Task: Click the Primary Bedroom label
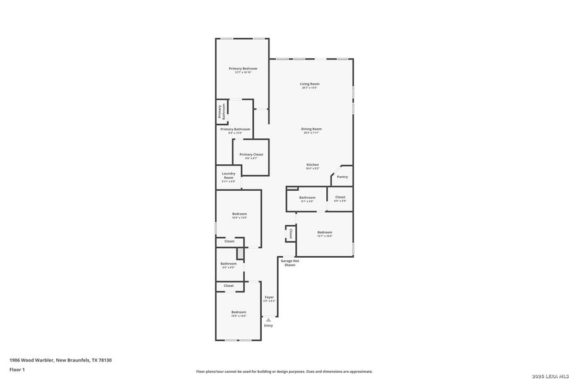(243, 68)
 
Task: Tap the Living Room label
(309, 84)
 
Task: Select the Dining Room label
(311, 129)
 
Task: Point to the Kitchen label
(312, 165)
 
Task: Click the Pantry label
(342, 177)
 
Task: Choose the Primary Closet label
(251, 154)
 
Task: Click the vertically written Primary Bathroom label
(222, 112)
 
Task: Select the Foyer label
(269, 297)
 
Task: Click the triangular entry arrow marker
(268, 320)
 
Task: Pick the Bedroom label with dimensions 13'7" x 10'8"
(324, 232)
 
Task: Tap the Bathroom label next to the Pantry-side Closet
(307, 198)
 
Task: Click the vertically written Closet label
(290, 233)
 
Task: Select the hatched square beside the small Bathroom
(240, 253)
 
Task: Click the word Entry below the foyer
(268, 325)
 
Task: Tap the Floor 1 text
(16, 369)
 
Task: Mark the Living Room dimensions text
(309, 88)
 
